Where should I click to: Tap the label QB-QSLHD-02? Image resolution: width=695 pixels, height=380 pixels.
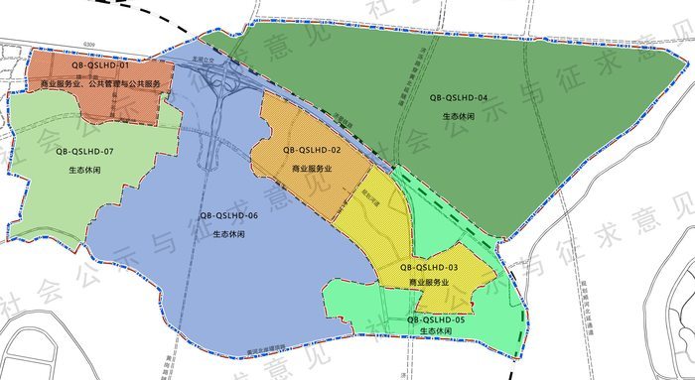pyautogui.click(x=312, y=150)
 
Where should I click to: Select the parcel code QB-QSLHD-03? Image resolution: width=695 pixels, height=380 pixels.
pyautogui.click(x=428, y=267)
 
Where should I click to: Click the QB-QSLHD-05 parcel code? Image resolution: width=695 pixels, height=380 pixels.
pyautogui.click(x=428, y=318)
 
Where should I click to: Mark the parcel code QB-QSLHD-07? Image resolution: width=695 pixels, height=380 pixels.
pyautogui.click(x=85, y=151)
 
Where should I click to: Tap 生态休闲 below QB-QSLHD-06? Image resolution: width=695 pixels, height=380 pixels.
pyautogui.click(x=230, y=235)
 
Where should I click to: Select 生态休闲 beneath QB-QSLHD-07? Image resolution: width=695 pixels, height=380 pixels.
pyautogui.click(x=85, y=171)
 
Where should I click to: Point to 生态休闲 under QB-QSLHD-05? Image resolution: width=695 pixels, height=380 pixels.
pyautogui.click(x=429, y=331)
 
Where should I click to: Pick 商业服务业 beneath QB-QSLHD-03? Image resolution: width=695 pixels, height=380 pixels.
pyautogui.click(x=429, y=282)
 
